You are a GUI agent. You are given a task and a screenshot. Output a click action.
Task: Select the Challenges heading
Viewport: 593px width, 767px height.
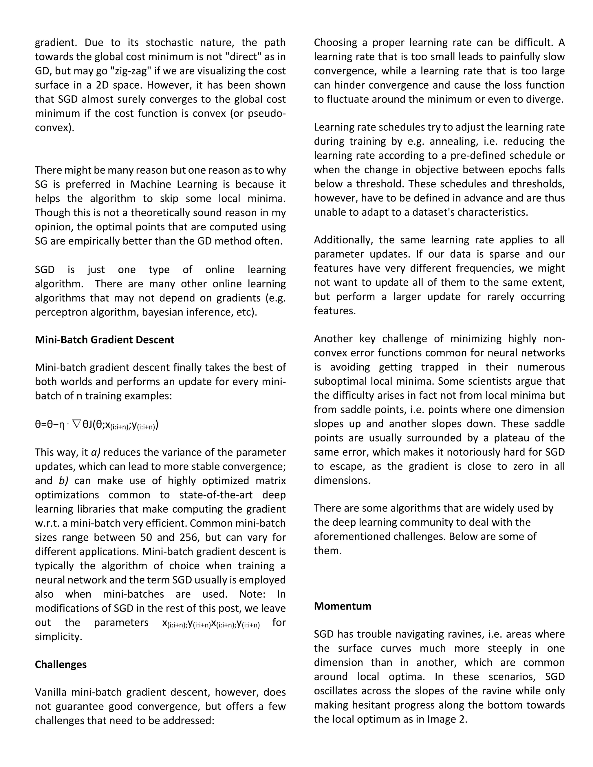coord(61,665)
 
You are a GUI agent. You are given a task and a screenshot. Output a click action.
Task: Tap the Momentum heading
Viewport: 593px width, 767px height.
coord(342,606)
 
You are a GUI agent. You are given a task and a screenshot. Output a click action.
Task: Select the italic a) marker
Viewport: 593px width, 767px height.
coord(96,452)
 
